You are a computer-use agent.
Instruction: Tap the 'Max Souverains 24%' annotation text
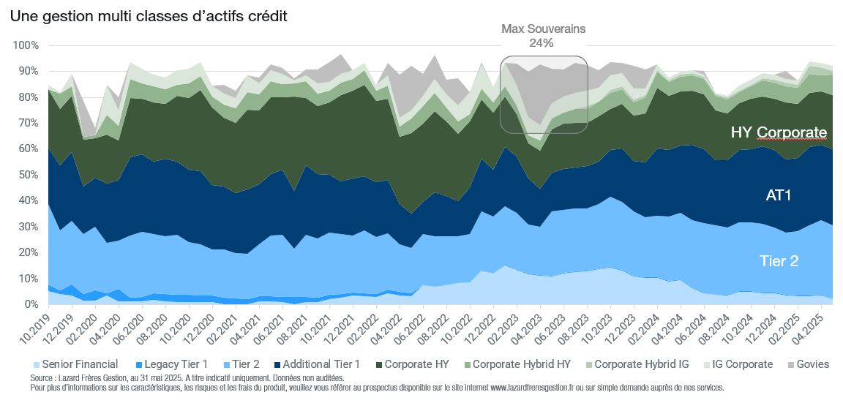coord(543,36)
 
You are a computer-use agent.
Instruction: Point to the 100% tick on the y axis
coord(26,45)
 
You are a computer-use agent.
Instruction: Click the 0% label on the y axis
coord(31,304)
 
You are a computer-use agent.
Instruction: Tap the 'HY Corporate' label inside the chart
coord(779,132)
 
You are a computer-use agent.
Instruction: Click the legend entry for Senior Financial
coord(77,364)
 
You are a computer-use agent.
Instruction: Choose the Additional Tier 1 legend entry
coord(317,364)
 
